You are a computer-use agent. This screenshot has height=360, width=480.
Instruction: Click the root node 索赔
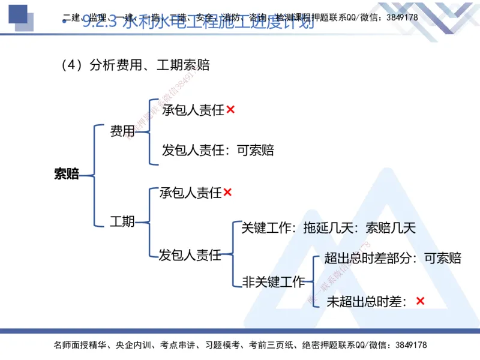[x=66, y=175]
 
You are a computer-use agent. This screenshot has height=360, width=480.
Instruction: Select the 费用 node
[x=122, y=131]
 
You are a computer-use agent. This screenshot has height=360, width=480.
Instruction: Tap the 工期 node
[x=122, y=221]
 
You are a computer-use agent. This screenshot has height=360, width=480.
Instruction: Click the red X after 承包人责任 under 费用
[x=230, y=110]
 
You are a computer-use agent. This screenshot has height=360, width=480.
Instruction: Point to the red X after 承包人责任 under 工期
[x=227, y=193]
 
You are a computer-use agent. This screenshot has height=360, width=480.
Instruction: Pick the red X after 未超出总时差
[x=420, y=301]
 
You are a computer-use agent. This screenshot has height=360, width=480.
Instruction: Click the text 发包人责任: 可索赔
[x=218, y=150]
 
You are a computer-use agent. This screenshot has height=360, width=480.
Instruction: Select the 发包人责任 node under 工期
[x=190, y=256]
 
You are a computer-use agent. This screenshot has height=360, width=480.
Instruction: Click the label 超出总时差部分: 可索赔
[x=392, y=259]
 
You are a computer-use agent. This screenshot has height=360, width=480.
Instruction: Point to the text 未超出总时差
[x=366, y=302]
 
